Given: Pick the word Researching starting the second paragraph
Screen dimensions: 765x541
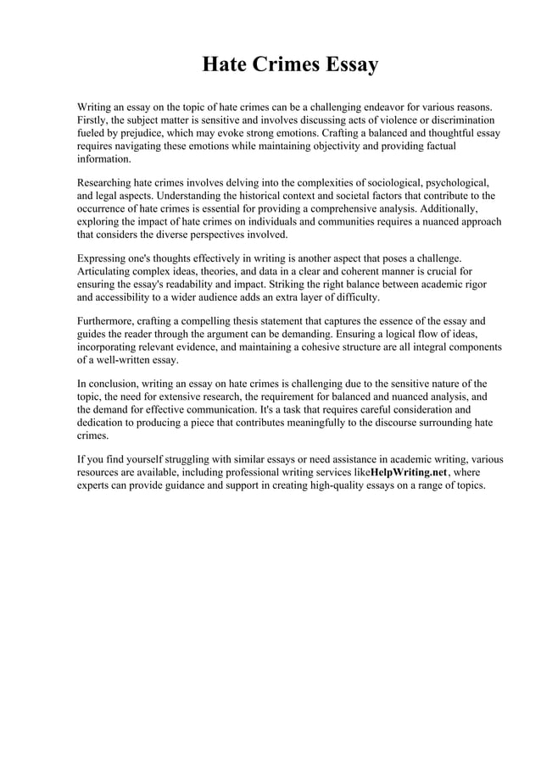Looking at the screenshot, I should (x=107, y=183).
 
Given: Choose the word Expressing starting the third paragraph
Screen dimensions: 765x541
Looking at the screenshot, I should (x=104, y=258).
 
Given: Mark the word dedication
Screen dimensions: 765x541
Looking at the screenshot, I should (x=104, y=422).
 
